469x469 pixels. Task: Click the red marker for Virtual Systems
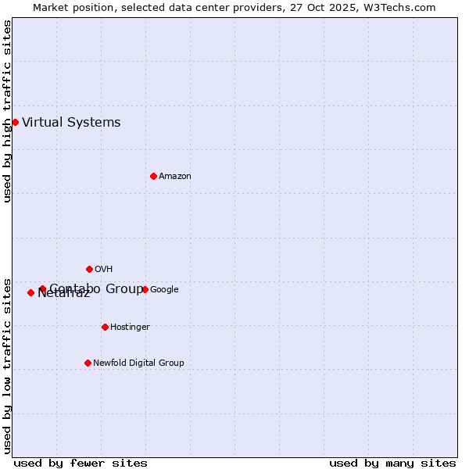pos(15,122)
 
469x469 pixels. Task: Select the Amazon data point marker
pos(153,176)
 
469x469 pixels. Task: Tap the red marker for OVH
pos(89,269)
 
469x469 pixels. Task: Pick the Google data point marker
pos(145,289)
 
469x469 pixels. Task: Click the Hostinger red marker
pos(105,327)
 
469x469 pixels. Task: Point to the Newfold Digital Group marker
pos(88,363)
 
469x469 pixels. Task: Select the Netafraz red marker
pos(30,292)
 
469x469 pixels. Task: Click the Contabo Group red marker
pos(42,288)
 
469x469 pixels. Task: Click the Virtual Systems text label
pos(71,122)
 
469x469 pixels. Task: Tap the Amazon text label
pos(175,176)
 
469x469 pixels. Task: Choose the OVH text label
pos(104,269)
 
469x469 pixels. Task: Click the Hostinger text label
pos(130,327)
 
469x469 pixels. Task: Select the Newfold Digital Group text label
pos(138,363)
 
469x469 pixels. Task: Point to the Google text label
pos(164,289)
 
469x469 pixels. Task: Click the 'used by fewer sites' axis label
pos(81,463)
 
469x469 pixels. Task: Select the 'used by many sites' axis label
pos(392,463)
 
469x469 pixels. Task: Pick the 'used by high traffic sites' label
pos(7,111)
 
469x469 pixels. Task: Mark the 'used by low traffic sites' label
pos(7,365)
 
